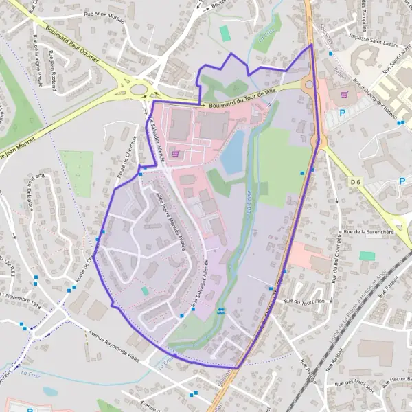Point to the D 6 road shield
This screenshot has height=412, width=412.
(x=354, y=181)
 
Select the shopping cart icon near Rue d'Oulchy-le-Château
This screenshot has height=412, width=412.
(x=344, y=95)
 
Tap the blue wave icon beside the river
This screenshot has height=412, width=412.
(x=220, y=311)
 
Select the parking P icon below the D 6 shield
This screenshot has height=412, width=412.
(x=402, y=181)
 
